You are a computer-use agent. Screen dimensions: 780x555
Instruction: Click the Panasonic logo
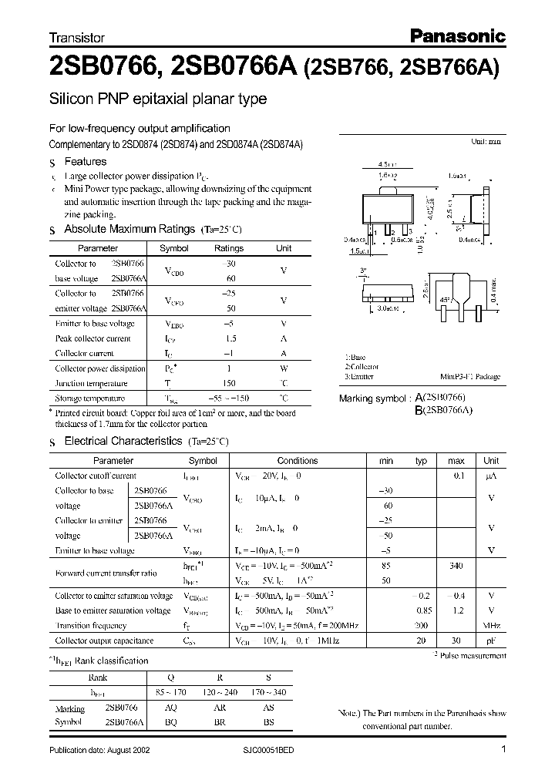click(456, 35)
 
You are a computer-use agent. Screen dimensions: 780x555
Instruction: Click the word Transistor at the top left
click(76, 37)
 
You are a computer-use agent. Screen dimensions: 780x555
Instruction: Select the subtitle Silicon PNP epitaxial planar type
click(158, 99)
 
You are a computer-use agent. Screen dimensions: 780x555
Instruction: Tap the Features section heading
click(85, 162)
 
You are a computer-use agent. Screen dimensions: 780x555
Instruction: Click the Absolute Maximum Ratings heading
click(129, 229)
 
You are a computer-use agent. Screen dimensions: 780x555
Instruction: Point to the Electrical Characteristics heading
click(124, 442)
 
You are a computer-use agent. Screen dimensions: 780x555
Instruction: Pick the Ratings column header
click(228, 248)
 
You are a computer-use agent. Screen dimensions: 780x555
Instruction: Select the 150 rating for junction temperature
click(228, 383)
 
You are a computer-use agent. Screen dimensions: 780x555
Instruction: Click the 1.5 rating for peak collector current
click(228, 338)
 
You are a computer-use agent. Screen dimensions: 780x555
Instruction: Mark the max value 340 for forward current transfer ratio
click(456, 566)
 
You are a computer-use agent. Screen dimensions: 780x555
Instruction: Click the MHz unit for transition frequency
click(491, 625)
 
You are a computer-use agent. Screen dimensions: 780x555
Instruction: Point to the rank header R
click(220, 677)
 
